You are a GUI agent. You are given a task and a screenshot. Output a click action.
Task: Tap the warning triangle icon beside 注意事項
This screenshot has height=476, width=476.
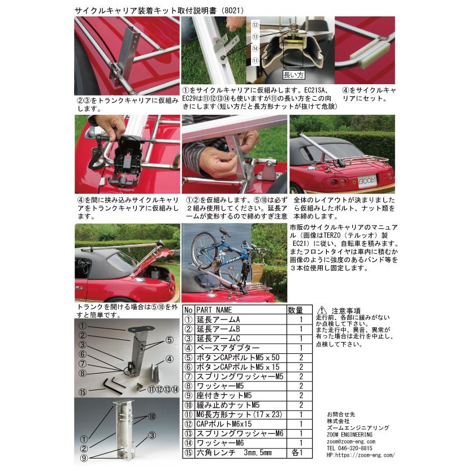tap(322, 310)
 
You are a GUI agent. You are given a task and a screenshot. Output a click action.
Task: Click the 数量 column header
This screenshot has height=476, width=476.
tap(296, 310)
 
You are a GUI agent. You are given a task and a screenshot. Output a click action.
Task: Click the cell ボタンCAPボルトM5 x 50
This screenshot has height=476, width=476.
tap(232, 357)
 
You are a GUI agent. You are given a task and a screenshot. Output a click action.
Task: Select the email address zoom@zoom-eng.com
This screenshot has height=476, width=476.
tap(350, 441)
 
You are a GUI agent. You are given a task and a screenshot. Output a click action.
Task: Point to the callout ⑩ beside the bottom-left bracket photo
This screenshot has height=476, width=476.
tap(152, 417)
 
